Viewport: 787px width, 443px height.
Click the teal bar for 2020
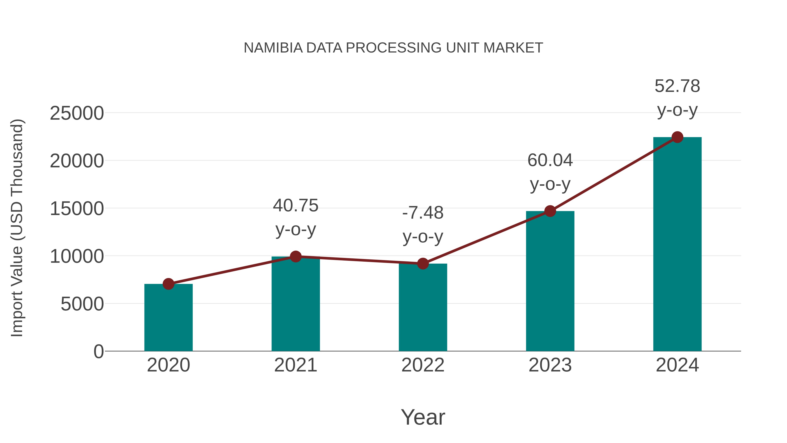[168, 318]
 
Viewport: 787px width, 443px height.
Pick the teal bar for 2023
[550, 281]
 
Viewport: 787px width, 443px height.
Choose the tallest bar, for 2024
[677, 245]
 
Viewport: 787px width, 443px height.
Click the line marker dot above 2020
[168, 284]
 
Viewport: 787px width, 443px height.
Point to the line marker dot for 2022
[423, 264]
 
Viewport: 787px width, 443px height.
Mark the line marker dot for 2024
[677, 137]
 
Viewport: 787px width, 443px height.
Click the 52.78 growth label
[677, 86]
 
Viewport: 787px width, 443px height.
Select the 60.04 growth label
[550, 161]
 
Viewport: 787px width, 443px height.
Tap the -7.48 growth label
[423, 213]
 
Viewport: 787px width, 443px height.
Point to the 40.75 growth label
[295, 205]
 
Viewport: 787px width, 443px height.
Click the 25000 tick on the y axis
[77, 113]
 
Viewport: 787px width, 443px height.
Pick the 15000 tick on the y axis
[77, 209]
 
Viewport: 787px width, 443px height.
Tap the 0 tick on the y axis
[98, 352]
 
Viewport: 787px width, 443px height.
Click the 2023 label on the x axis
[550, 365]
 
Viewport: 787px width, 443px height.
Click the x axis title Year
[423, 417]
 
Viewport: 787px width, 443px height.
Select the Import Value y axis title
[17, 228]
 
